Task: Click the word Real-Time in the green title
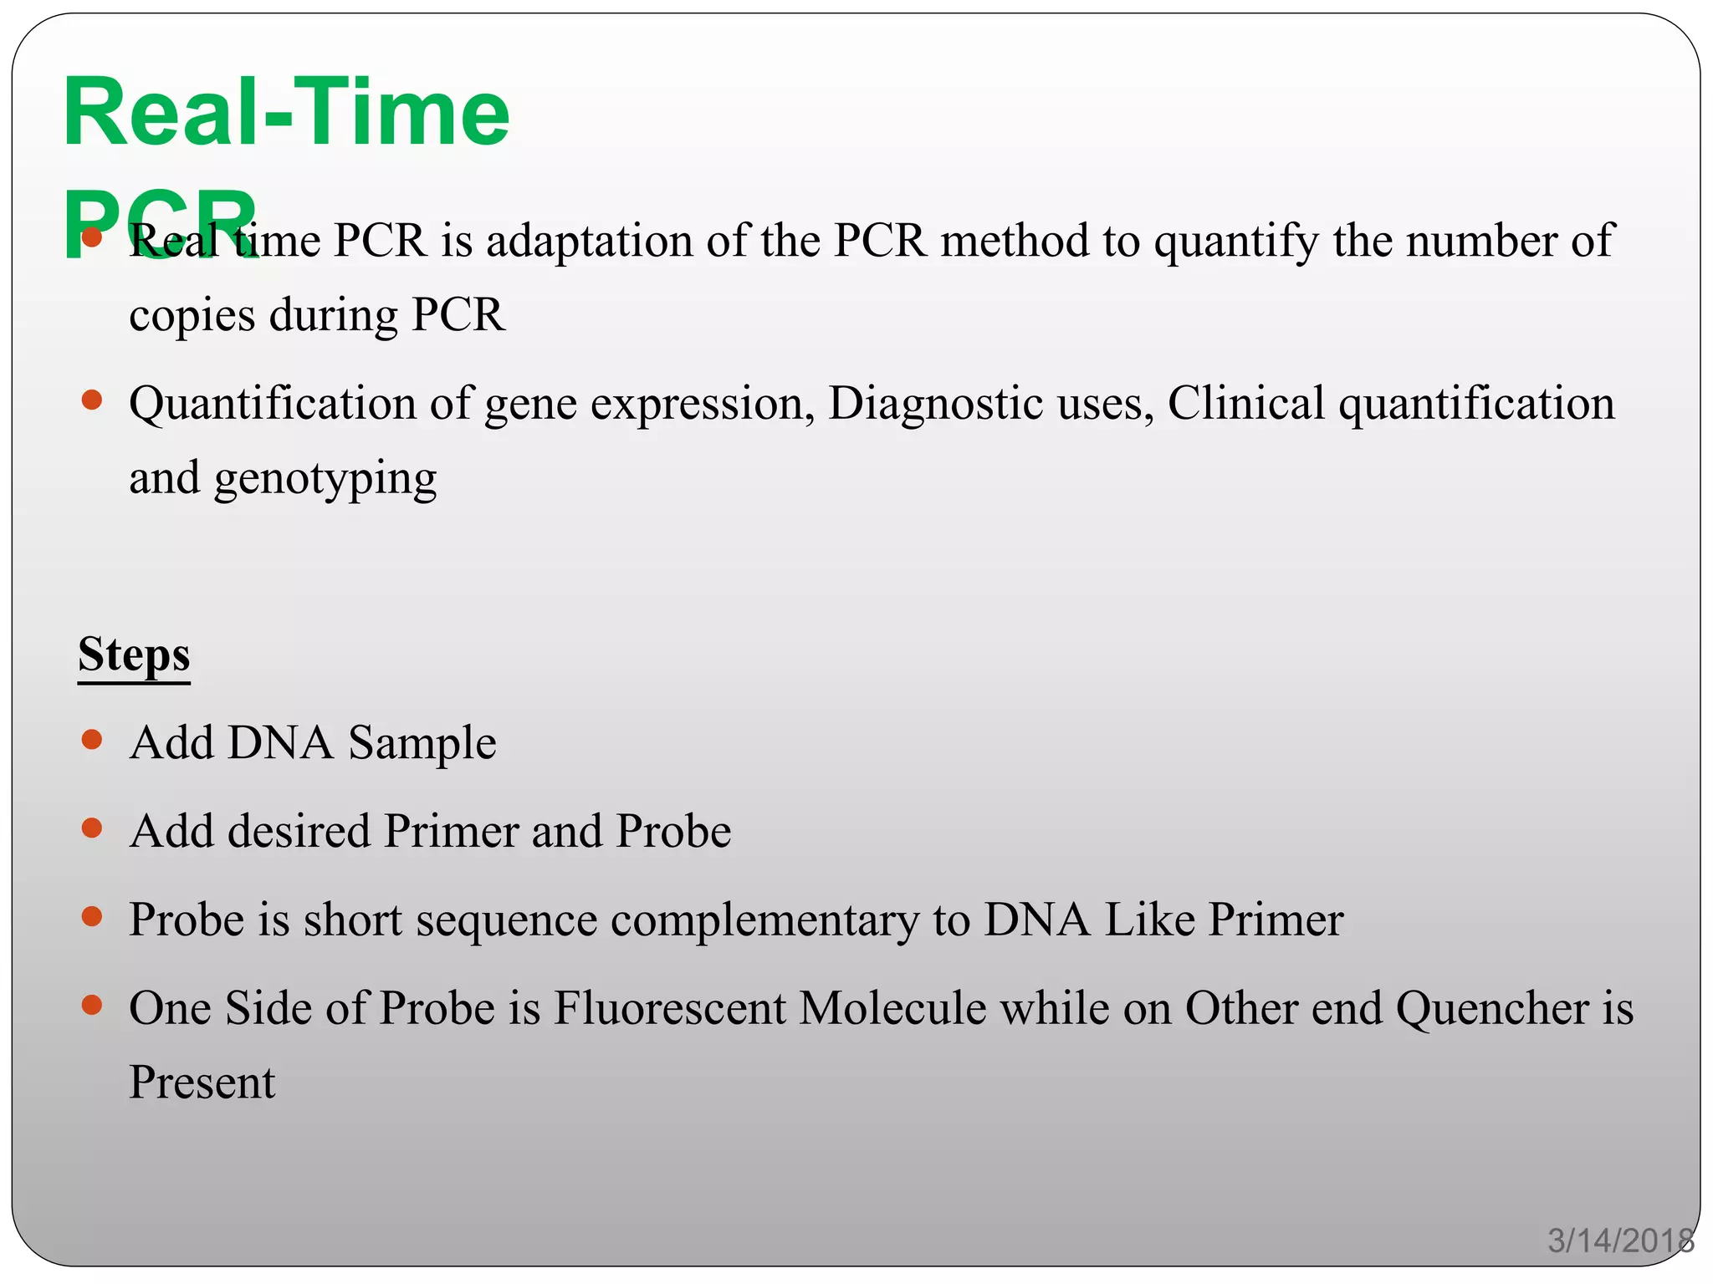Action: click(x=286, y=113)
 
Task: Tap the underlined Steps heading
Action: click(x=134, y=655)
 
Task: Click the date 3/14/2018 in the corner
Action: click(x=1620, y=1241)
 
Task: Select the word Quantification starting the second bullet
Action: click(x=272, y=404)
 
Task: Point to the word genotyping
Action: click(x=325, y=480)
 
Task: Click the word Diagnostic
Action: click(x=935, y=404)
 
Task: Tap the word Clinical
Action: click(x=1245, y=404)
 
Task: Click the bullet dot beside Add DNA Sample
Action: click(x=92, y=740)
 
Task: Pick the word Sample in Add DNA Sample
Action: click(x=422, y=743)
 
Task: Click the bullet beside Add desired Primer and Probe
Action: click(x=92, y=828)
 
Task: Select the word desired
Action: click(x=299, y=832)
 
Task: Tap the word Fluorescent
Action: click(x=669, y=1008)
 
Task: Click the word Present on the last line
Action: click(x=202, y=1083)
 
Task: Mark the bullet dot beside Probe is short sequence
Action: click(x=92, y=917)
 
